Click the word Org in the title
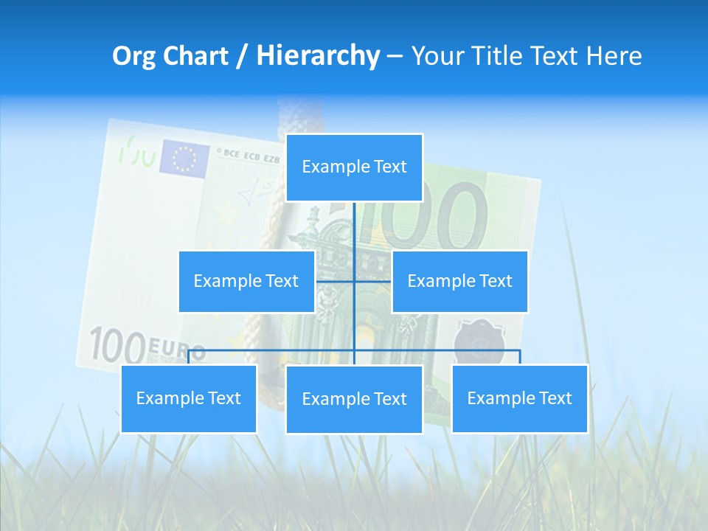[133, 56]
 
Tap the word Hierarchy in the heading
[317, 56]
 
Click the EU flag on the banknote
[184, 159]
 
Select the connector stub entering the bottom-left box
[188, 357]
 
